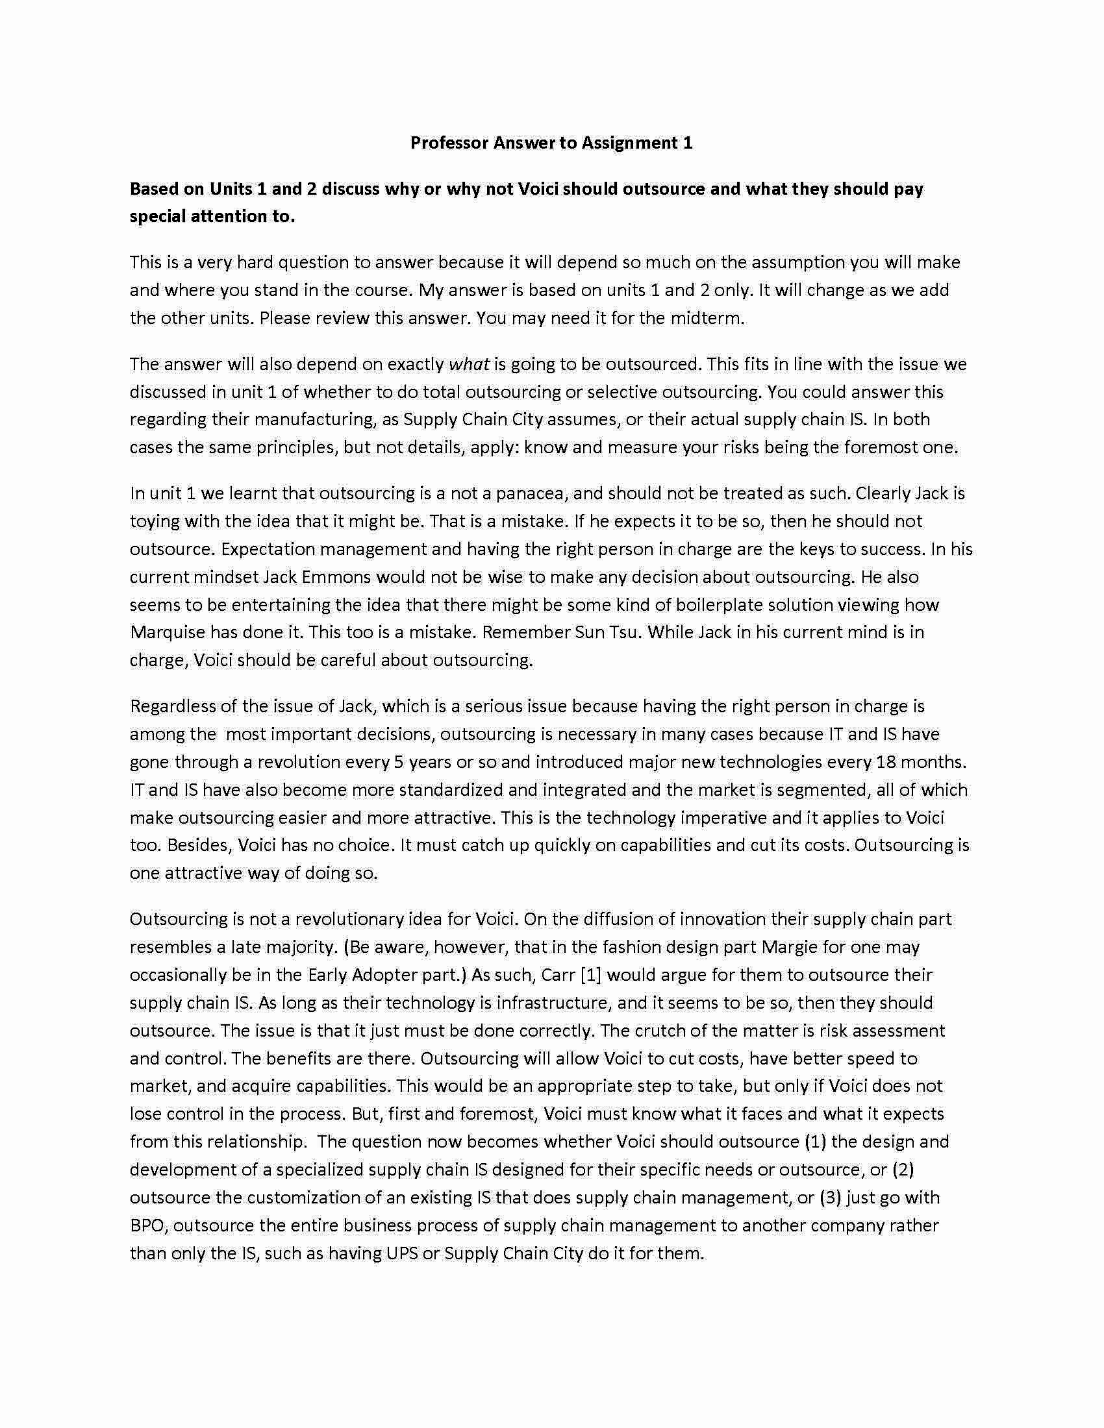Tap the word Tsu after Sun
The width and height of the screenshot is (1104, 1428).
coord(622,632)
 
